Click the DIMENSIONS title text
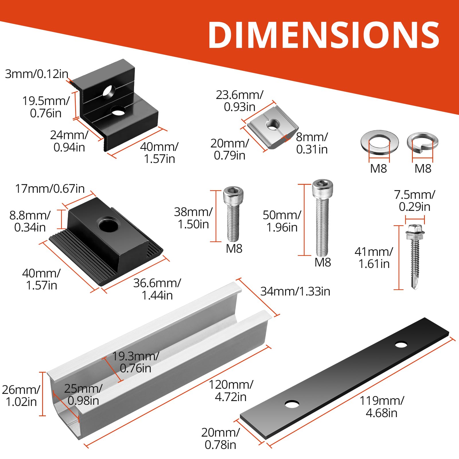coord(324,35)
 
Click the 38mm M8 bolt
coord(233,214)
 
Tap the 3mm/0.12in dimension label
coord(37,74)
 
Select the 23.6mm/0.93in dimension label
coord(240,101)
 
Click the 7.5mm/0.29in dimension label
coord(415,201)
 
